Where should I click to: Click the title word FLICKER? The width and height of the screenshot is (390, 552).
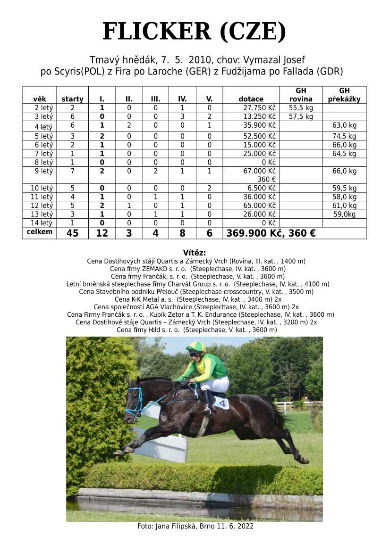tap(157, 32)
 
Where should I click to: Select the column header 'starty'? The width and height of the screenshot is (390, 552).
tap(72, 99)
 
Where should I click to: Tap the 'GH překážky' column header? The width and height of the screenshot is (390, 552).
tap(344, 95)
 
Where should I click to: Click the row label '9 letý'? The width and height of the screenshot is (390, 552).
tap(43, 171)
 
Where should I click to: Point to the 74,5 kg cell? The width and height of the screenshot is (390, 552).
tap(344, 136)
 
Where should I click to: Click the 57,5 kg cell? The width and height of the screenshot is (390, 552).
tap(301, 116)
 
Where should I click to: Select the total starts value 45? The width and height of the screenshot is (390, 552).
tap(72, 233)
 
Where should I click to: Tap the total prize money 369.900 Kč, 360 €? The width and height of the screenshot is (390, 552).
tap(271, 233)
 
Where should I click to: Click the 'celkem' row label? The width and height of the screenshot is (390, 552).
tap(40, 232)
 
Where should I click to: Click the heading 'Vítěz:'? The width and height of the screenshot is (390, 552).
tap(195, 253)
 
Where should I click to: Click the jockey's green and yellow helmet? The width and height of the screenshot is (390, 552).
tap(195, 347)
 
